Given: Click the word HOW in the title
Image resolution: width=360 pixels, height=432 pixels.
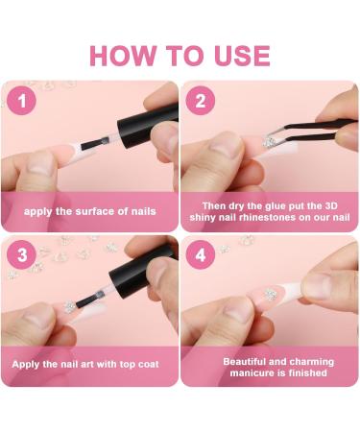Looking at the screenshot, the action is [123, 56].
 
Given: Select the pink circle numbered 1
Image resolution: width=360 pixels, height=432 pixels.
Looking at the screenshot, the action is [21, 101].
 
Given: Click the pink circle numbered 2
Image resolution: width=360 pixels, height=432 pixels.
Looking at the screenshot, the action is [201, 101].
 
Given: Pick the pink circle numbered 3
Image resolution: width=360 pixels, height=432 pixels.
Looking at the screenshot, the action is [21, 254].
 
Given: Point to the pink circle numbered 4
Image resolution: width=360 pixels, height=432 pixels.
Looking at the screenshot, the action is [201, 254].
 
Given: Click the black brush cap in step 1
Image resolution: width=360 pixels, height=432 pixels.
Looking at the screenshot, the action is [148, 126].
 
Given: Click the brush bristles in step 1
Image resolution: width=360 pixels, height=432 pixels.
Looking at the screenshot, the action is [94, 144].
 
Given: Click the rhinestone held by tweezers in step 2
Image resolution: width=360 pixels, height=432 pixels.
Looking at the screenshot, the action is [269, 142].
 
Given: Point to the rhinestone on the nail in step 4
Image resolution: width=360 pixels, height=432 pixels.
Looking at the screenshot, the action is [271, 294].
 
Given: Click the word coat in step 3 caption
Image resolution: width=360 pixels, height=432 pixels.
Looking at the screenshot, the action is [148, 365].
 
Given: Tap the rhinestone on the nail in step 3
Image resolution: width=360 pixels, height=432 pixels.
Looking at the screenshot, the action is [69, 306].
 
